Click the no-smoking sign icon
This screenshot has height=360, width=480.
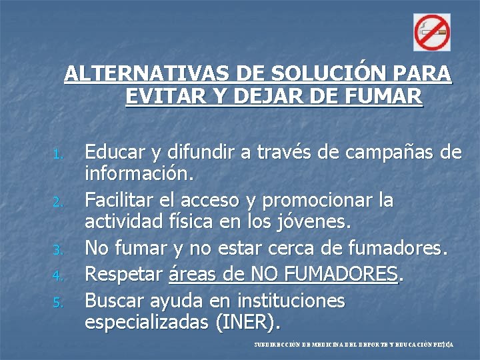[x=432, y=31]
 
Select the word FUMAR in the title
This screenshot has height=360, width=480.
[x=389, y=97]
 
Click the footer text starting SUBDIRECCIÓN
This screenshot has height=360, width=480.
[x=353, y=345]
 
